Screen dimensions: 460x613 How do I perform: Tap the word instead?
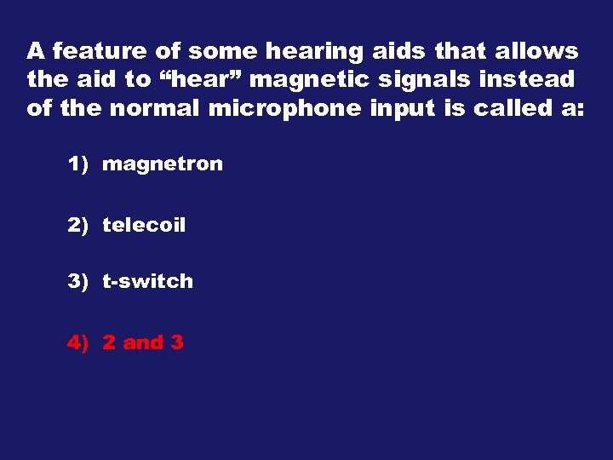[526, 80]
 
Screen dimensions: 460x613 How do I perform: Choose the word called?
[518, 109]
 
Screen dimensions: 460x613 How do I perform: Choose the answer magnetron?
[162, 164]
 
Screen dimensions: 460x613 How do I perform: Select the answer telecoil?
[143, 226]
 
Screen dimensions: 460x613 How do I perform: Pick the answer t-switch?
[147, 281]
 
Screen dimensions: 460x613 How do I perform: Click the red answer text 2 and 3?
[142, 342]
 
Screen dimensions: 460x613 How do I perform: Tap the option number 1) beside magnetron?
[78, 164]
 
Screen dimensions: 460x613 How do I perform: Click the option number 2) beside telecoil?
[78, 226]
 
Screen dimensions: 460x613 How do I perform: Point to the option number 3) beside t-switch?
[78, 281]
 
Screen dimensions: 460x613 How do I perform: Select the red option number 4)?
[78, 342]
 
